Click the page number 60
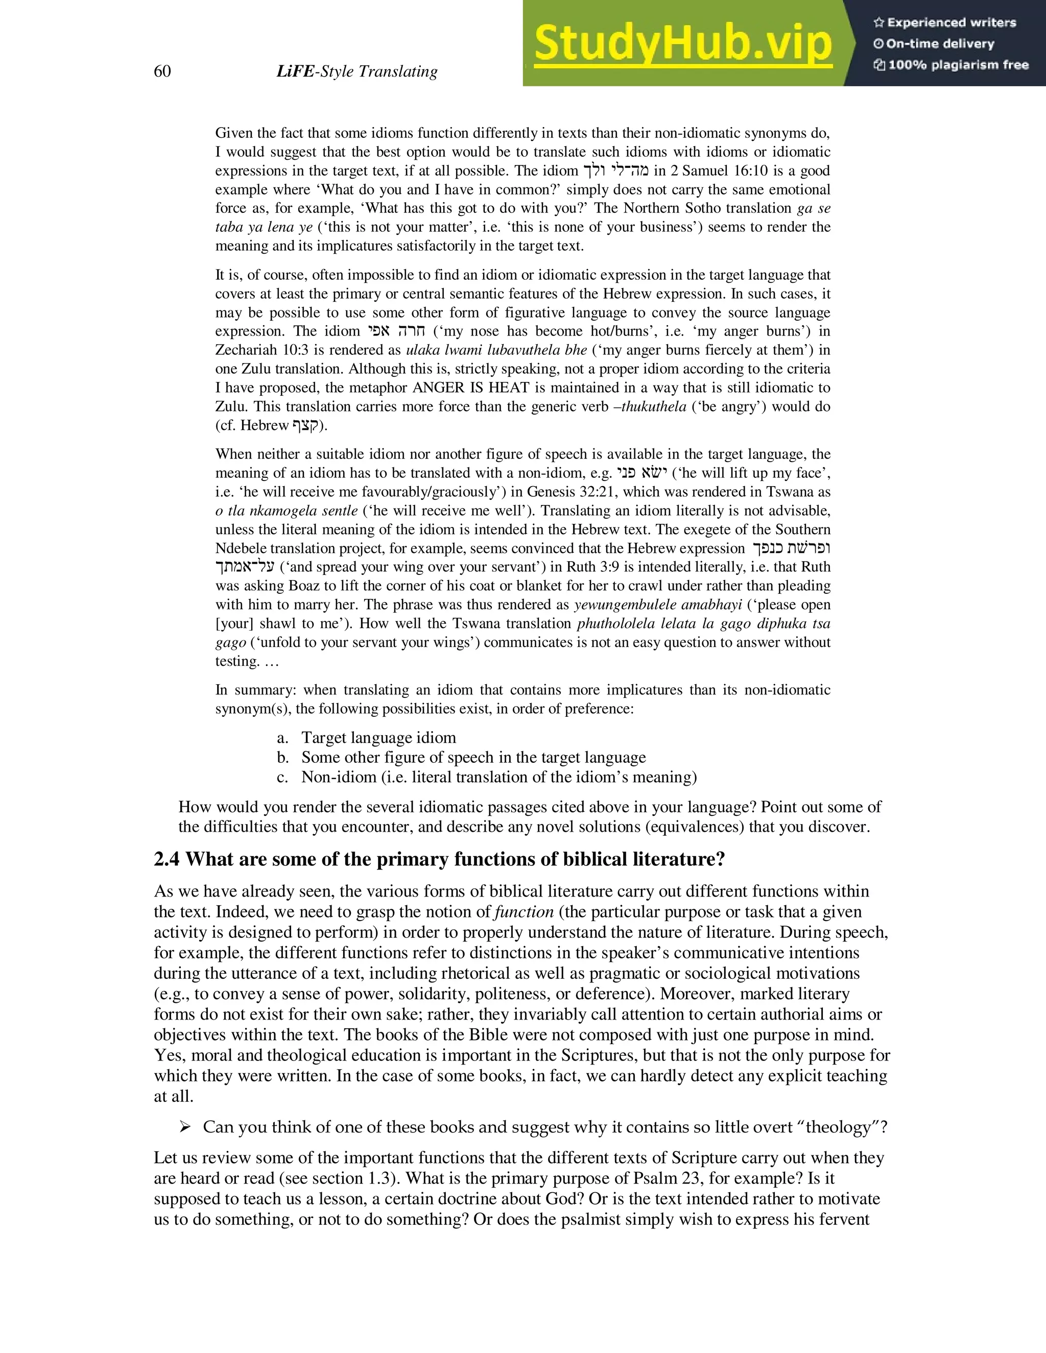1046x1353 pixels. pos(162,72)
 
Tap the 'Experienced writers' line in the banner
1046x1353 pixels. pos(945,23)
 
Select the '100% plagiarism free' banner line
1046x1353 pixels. pos(951,65)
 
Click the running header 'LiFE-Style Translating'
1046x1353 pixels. pos(357,72)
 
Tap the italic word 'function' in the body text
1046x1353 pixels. pos(524,912)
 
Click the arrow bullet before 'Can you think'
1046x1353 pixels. pos(185,1127)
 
